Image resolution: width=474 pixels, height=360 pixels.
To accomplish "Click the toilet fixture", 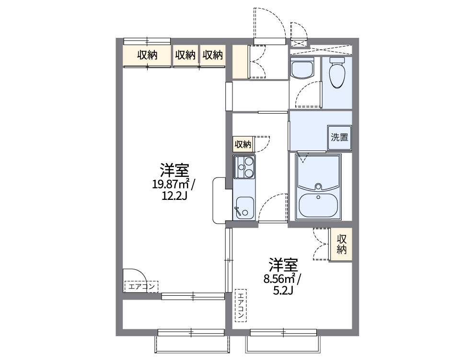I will (337, 73).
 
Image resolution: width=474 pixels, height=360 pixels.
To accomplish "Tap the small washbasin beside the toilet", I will (302, 69).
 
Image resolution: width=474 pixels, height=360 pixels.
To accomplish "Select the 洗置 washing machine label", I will (339, 137).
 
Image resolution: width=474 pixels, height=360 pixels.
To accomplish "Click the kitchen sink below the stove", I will (244, 207).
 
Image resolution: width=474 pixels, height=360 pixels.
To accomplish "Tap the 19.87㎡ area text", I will (171, 184).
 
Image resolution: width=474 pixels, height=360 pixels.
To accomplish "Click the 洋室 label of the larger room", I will (174, 170).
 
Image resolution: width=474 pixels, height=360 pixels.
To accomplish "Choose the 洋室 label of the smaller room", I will (283, 265).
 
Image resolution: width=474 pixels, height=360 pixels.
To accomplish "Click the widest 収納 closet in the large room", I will (147, 55).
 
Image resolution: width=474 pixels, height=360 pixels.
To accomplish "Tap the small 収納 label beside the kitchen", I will (243, 144).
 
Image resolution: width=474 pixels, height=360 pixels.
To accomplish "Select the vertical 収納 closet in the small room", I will (341, 244).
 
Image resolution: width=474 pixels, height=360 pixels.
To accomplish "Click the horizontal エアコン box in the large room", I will (140, 287).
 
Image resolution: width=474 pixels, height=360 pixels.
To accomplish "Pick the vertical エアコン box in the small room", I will (240, 306).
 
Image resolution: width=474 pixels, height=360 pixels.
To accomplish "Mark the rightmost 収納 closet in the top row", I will (212, 55).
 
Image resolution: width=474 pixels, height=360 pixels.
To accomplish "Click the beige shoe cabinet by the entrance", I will (240, 61).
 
